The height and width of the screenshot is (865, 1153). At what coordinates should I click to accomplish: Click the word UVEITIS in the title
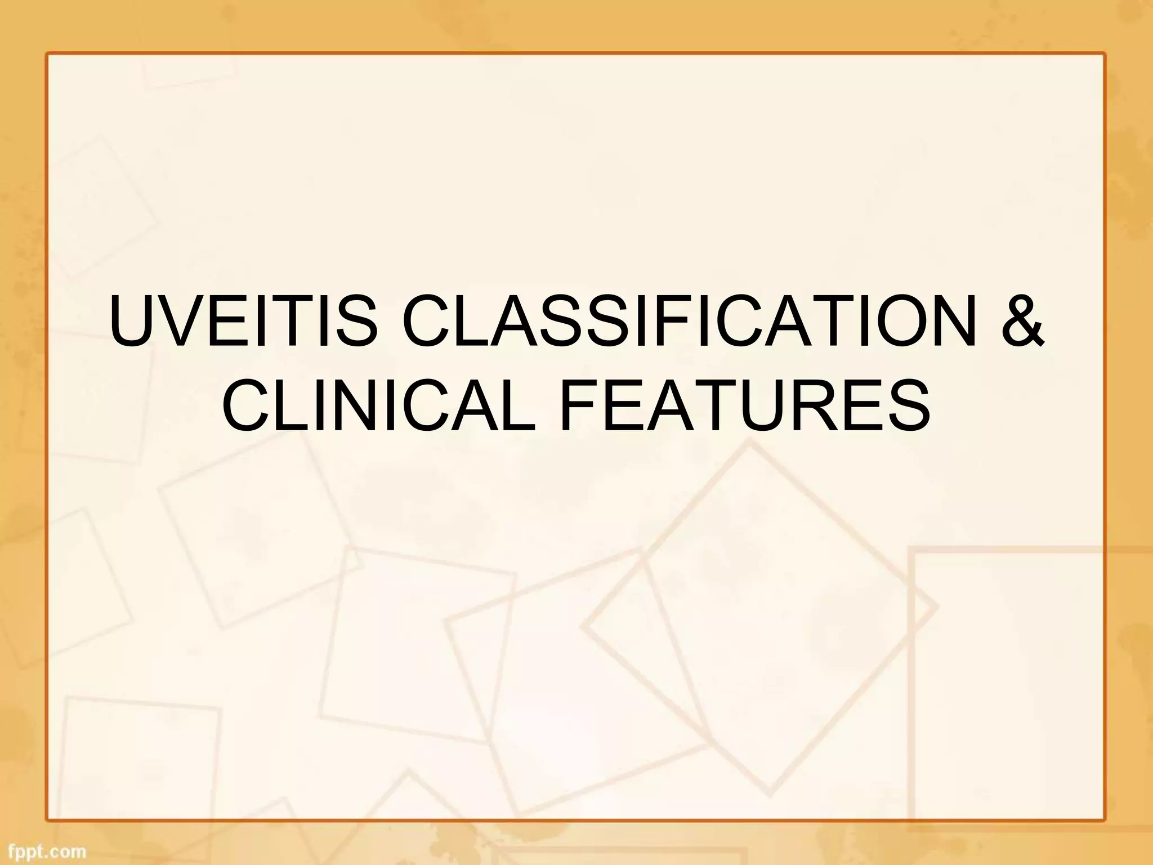tap(243, 325)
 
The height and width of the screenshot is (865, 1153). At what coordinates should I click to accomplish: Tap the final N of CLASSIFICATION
tap(959, 325)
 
